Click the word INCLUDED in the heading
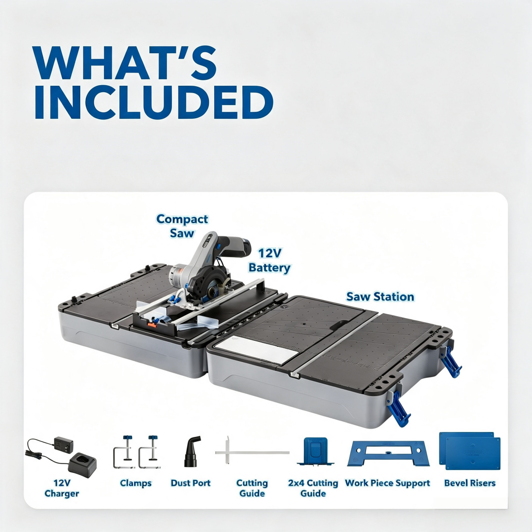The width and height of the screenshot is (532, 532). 154,102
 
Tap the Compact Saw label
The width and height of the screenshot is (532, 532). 182,226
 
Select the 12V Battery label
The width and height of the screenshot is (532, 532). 270,260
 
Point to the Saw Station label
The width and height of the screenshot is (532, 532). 380,297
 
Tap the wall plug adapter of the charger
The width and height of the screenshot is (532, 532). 64,444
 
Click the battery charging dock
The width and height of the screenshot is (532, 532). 82,465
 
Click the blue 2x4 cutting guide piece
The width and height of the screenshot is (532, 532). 316,451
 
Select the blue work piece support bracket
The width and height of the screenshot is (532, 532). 388,453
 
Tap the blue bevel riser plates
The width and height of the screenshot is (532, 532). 470,451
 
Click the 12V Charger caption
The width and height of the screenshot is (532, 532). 62,488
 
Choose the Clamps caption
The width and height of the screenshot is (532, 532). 136,483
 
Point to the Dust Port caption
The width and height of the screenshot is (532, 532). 191,483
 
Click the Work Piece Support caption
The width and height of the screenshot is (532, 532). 388,483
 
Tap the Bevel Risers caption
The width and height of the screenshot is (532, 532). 470,483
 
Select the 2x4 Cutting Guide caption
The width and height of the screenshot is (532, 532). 313,488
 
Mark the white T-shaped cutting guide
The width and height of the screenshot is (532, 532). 252,452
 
